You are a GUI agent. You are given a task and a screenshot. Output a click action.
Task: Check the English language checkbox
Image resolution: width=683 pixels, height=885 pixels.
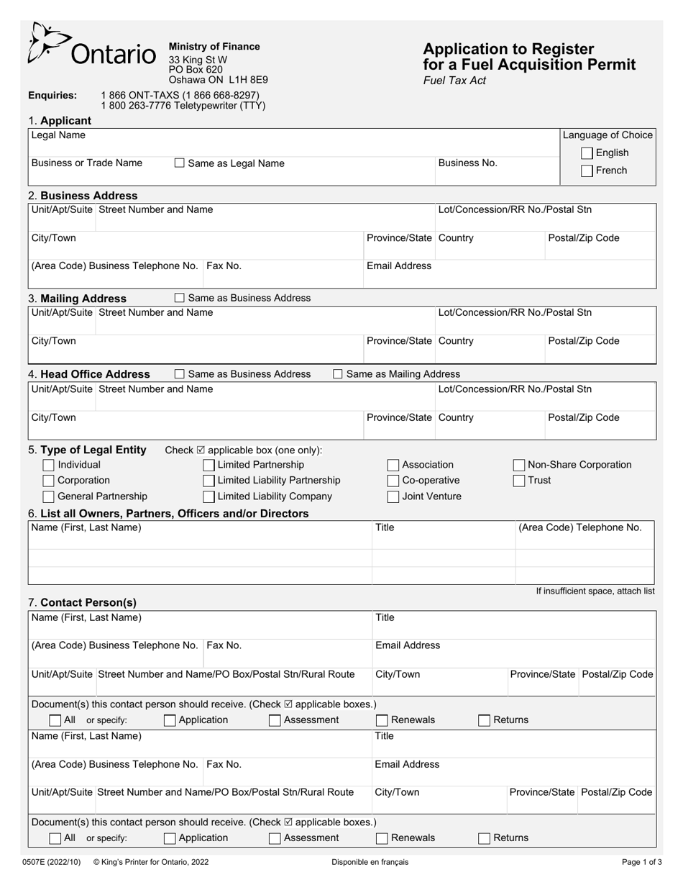tap(587, 153)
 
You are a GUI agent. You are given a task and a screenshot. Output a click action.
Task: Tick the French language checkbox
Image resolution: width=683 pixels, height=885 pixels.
tap(587, 171)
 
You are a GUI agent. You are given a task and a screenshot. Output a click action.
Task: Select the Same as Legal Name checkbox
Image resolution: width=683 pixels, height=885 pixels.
tap(180, 163)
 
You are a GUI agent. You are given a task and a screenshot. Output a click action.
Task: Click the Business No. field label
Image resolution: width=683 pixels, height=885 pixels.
tap(467, 163)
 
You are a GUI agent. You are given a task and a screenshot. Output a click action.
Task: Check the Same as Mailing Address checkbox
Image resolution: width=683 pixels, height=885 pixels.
tap(337, 374)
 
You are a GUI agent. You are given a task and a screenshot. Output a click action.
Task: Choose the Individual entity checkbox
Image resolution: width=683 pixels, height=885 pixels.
tap(49, 465)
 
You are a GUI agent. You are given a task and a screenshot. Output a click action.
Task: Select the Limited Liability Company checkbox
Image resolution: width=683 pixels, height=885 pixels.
tap(208, 496)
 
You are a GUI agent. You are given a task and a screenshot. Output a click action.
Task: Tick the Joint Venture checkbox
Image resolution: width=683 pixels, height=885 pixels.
tap(393, 496)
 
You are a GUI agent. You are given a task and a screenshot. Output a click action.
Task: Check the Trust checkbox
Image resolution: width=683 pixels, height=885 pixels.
tap(518, 481)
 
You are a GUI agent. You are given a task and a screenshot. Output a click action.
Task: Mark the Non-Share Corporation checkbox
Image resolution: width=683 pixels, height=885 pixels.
tap(518, 465)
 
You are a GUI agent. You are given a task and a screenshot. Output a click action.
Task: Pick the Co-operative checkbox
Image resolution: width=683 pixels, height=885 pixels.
tap(393, 481)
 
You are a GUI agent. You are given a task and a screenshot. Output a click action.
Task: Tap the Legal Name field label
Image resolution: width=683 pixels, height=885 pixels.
tap(58, 135)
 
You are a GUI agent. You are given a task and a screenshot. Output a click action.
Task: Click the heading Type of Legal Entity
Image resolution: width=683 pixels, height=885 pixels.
tap(93, 450)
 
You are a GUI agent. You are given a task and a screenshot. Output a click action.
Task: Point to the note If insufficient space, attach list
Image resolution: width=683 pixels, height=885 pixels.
tap(595, 591)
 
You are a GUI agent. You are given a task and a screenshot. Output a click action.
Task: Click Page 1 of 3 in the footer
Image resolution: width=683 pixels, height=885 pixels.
tap(642, 861)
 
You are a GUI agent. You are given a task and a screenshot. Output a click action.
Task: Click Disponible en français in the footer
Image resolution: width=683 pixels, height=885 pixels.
tap(370, 861)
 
